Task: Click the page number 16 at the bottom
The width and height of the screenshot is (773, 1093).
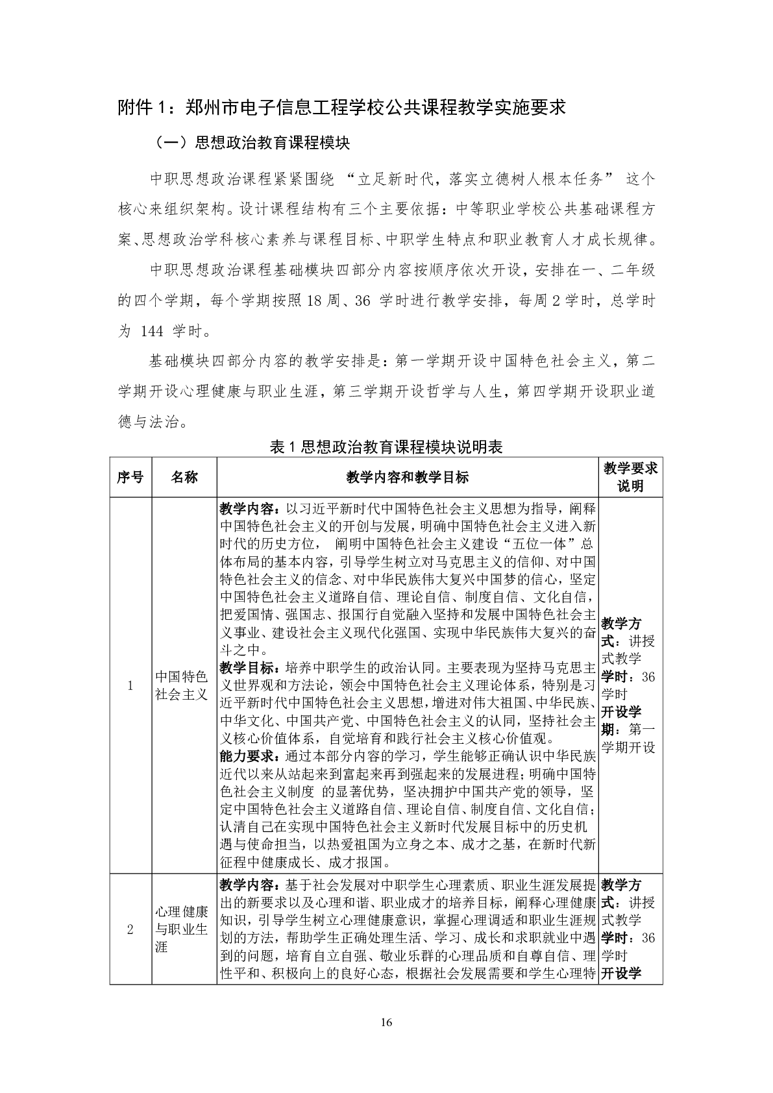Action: [x=386, y=1023]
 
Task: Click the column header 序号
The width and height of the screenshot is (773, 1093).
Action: [x=130, y=477]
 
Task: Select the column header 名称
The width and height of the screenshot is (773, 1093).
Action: [x=184, y=477]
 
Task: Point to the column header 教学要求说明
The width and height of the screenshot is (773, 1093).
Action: [x=630, y=477]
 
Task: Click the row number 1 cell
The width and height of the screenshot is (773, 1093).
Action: [x=130, y=685]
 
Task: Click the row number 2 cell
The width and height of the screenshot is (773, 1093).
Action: [x=130, y=929]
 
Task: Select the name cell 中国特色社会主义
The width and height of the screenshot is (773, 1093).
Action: [x=182, y=685]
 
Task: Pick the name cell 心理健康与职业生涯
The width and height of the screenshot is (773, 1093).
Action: [x=182, y=929]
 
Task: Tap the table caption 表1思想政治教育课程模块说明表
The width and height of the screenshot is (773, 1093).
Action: [x=386, y=447]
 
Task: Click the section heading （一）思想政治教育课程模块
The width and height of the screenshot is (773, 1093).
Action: [x=253, y=143]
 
